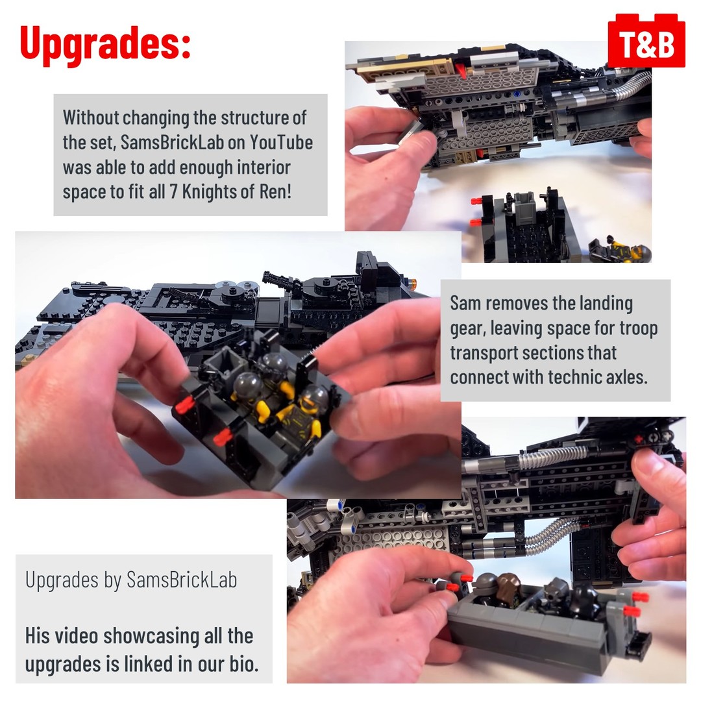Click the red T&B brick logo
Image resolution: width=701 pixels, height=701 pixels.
[x=646, y=41]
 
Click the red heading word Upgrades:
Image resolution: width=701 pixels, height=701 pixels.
[x=106, y=43]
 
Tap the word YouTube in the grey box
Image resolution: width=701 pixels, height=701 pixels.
[x=281, y=143]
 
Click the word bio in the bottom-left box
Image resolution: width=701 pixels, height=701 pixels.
[x=244, y=663]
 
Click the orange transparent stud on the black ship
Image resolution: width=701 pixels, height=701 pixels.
[x=413, y=282]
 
